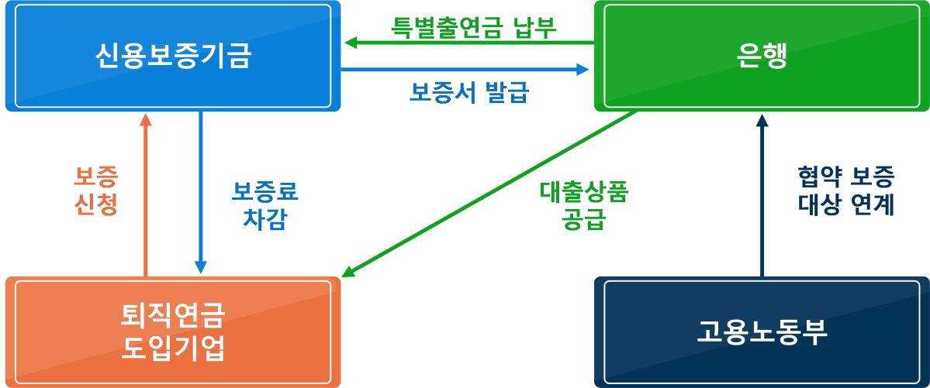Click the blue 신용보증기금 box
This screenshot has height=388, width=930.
pyautogui.click(x=172, y=56)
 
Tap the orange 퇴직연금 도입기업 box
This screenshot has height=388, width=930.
pyautogui.click(x=172, y=331)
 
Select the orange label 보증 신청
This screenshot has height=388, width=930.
pyautogui.click(x=96, y=191)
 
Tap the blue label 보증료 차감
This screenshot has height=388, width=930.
pyautogui.click(x=264, y=204)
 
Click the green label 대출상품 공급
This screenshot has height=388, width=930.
pyautogui.click(x=583, y=205)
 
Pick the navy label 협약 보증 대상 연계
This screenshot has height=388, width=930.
pyautogui.click(x=846, y=191)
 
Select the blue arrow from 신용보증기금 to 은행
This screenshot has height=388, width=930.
pyautogui.click(x=465, y=70)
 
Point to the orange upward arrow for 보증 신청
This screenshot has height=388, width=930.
pyautogui.click(x=145, y=194)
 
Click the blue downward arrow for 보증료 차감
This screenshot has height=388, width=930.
pyautogui.click(x=201, y=194)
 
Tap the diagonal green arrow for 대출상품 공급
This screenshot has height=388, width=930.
pyautogui.click(x=489, y=193)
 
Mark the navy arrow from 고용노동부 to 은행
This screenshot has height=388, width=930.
pyautogui.click(x=762, y=194)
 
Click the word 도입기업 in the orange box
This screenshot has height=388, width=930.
pyautogui.click(x=173, y=349)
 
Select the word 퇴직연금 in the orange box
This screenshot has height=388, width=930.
pyautogui.click(x=173, y=316)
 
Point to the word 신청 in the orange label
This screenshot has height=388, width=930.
pyautogui.click(x=96, y=205)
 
